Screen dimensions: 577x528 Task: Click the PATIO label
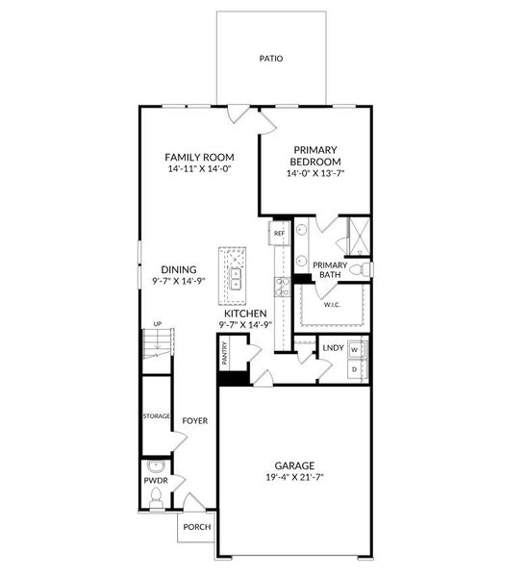(271, 59)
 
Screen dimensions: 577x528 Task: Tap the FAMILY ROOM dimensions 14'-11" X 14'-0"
(199, 169)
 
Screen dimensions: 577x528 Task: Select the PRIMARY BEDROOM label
(315, 156)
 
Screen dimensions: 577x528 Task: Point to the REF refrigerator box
(279, 234)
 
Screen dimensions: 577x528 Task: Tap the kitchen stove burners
(282, 285)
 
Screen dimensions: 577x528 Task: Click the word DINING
(179, 270)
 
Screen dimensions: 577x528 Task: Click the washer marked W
(355, 349)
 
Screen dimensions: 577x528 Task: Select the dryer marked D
(355, 368)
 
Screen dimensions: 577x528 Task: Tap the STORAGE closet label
(156, 416)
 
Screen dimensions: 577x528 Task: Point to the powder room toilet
(156, 496)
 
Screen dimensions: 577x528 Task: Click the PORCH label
(197, 527)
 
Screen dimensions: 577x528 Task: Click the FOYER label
(195, 420)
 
